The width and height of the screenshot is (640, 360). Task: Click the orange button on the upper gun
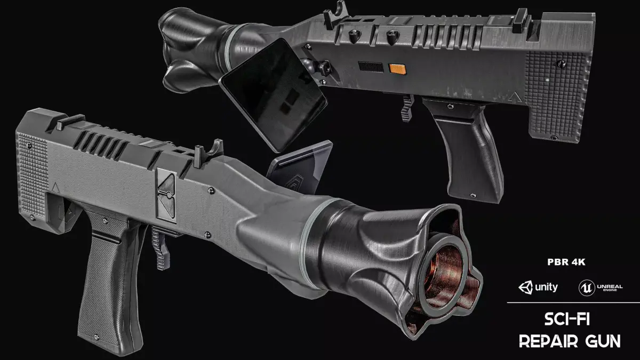click(x=398, y=68)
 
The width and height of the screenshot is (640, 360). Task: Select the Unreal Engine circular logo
click(x=585, y=288)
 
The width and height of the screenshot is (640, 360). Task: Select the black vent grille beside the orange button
click(x=371, y=67)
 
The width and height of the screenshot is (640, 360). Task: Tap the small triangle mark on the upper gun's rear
click(x=516, y=98)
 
